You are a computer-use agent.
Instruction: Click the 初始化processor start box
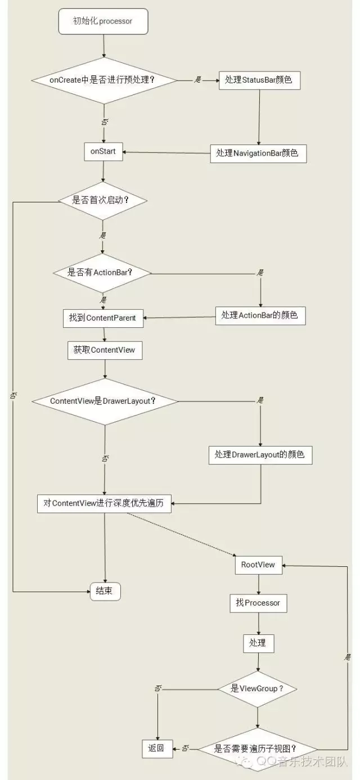coord(102,21)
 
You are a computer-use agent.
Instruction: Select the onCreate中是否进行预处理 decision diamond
coord(102,80)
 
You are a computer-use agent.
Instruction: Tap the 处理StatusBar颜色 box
coord(259,80)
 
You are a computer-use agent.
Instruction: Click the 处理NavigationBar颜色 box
coord(259,153)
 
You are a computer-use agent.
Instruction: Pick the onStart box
coord(103,151)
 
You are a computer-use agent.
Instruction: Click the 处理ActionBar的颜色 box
coord(260,316)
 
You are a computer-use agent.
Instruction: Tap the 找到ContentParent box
coord(102,318)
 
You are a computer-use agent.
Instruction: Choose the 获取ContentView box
coord(105,350)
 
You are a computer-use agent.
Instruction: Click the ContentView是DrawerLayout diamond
coord(105,401)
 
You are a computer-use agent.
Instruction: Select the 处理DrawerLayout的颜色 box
coord(260,454)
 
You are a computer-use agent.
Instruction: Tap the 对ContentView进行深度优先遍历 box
coord(105,503)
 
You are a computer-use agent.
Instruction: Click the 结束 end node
coord(105,591)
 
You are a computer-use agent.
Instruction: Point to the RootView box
coord(258,565)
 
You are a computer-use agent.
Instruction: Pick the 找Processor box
coord(258,603)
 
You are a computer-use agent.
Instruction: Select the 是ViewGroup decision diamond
coord(258,688)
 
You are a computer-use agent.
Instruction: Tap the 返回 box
coord(156,749)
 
